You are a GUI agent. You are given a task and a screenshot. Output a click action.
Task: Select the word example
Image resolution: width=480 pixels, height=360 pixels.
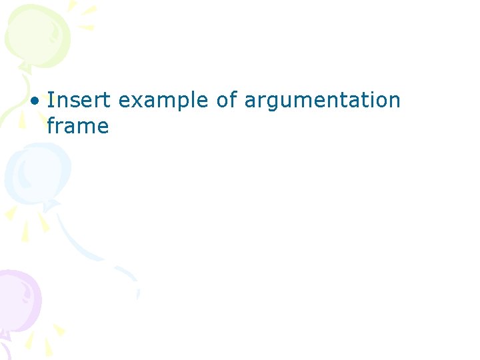(x=164, y=101)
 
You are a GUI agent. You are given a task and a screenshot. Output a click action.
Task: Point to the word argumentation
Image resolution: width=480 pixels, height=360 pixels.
(x=323, y=101)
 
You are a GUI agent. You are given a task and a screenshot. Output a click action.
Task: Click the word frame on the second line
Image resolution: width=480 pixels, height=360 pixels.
(x=77, y=125)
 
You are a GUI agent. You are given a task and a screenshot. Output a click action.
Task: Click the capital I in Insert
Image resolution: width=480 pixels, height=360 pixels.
(x=51, y=100)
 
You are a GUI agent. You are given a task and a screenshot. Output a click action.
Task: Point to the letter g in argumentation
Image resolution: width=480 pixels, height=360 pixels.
(x=273, y=103)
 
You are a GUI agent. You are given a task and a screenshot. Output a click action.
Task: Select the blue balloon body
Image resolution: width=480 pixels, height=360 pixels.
(x=37, y=173)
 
